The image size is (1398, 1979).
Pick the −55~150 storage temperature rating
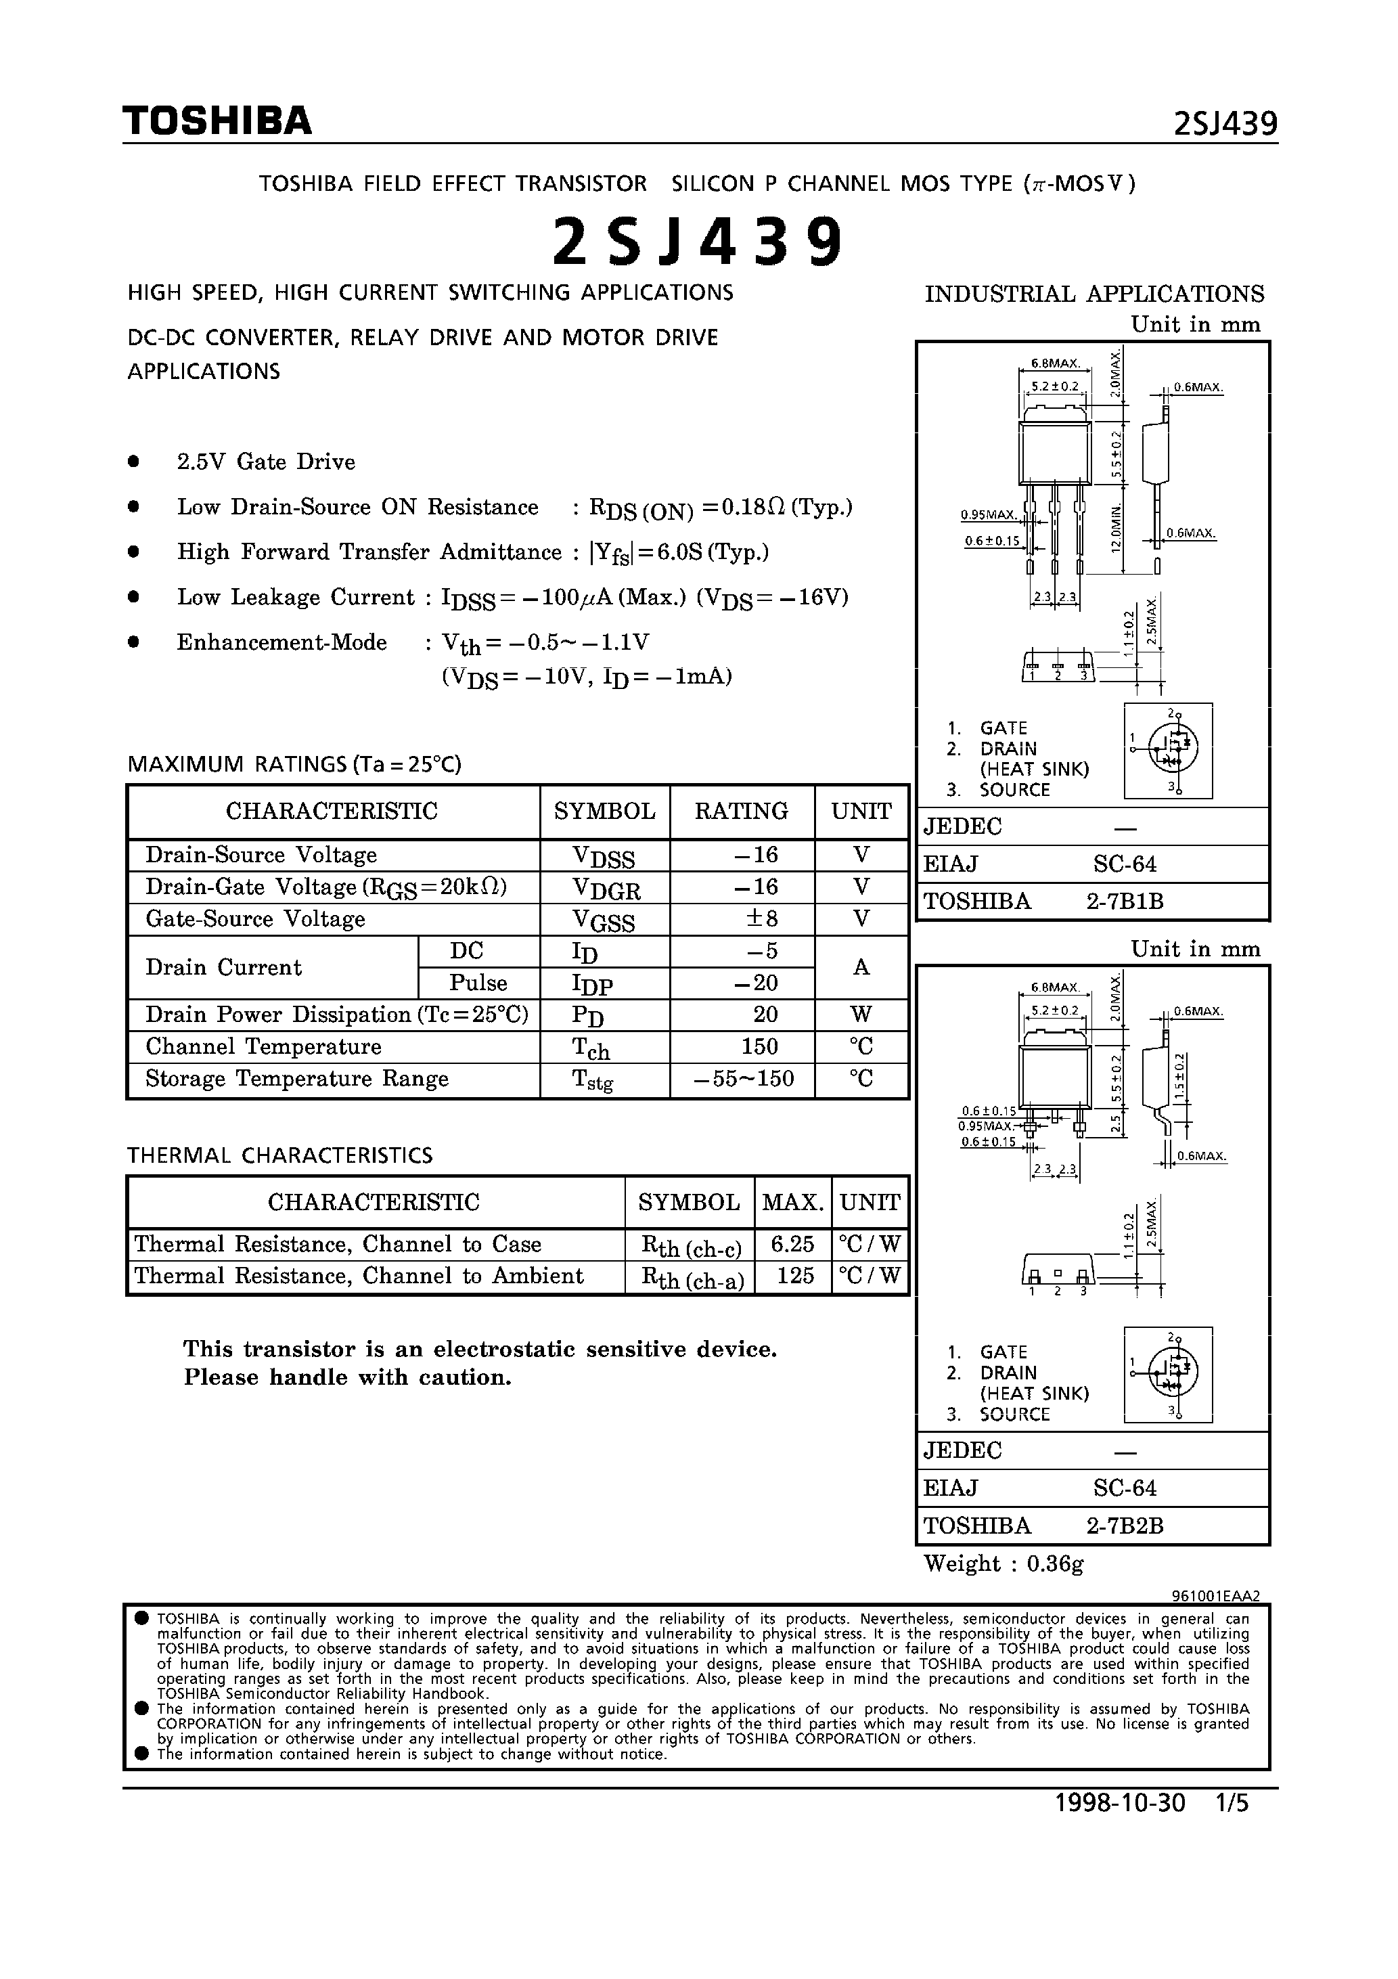743,1078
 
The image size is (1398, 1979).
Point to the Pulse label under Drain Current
478,983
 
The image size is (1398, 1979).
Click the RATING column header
741,811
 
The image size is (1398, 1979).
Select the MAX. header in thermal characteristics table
792,1201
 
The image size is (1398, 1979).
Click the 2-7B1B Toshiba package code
1124,901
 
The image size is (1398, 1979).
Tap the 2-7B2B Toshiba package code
1124,1526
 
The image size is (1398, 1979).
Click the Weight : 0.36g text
1004,1563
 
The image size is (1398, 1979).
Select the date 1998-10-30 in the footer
1120,1827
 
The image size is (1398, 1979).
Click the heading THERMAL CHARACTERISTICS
279,1155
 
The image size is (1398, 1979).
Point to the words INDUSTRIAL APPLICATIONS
1093,294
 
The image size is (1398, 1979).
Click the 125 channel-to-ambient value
794,1276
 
